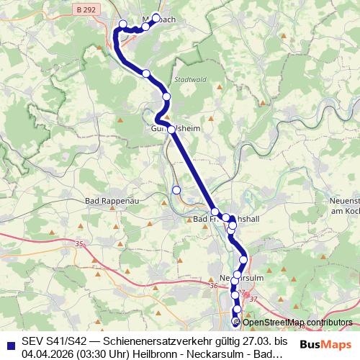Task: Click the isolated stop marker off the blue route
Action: coord(176,190)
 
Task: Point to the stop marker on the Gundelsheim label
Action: coord(171,130)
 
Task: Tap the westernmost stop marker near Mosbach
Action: coord(123,24)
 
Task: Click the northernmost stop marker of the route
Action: coord(156,17)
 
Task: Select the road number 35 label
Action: coord(78,245)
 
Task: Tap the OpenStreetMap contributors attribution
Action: coord(297,323)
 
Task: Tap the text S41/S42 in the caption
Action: coord(67,341)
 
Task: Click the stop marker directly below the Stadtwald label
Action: coord(166,96)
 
